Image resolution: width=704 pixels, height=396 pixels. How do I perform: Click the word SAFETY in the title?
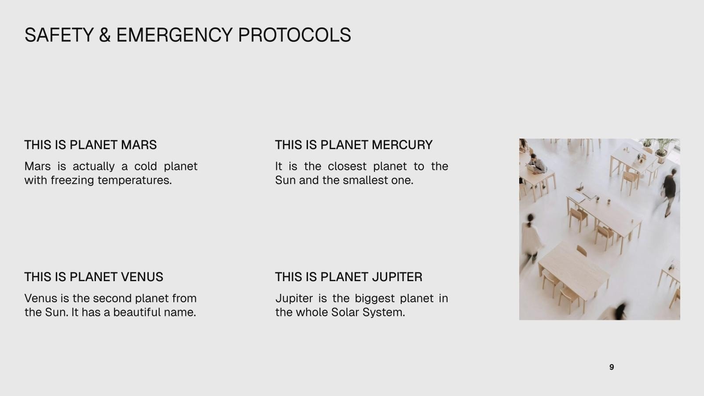coord(59,35)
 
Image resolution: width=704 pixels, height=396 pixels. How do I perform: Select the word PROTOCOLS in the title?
coord(294,35)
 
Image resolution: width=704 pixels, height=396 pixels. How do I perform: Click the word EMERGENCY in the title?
coord(174,35)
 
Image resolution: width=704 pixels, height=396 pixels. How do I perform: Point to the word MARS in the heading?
coord(139,145)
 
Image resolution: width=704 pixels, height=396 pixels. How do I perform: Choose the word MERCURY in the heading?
coord(402,145)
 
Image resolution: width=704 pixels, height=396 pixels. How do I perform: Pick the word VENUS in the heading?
coord(142,277)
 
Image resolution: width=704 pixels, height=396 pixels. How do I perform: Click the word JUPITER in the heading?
coord(397,277)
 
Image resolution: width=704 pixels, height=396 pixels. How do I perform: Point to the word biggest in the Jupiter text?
coord(374,299)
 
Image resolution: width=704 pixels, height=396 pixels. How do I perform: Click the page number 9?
coord(612,367)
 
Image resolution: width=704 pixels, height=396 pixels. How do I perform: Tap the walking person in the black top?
coord(669,192)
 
